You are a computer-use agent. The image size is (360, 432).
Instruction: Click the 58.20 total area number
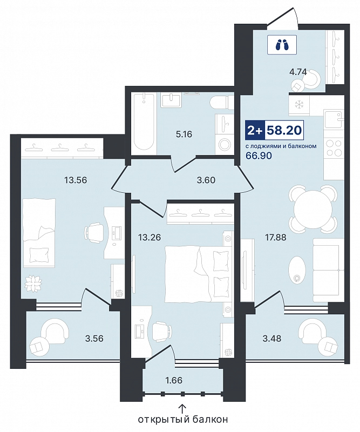pos(284,130)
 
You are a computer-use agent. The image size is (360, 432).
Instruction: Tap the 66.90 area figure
pos(259,156)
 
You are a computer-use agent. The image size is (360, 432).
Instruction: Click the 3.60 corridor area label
pos(206,180)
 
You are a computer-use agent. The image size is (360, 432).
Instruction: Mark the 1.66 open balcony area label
pos(174,381)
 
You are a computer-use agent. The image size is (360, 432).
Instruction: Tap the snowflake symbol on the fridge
pos(298,105)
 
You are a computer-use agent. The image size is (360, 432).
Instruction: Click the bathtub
pos(144,124)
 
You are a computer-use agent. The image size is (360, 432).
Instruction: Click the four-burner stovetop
pos(334,147)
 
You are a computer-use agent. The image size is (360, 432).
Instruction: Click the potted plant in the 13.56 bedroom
pos(33,284)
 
